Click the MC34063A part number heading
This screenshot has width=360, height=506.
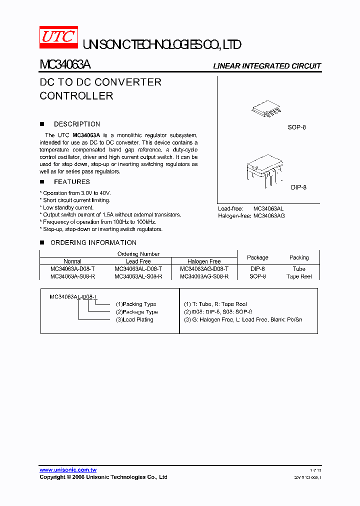(x=65, y=65)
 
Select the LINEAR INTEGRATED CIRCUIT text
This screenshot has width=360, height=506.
(x=267, y=66)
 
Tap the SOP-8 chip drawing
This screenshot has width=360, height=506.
(x=264, y=109)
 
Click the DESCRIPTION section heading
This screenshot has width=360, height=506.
(x=76, y=124)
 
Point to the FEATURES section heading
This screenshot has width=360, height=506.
(x=71, y=182)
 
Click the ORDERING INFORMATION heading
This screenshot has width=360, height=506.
(x=93, y=242)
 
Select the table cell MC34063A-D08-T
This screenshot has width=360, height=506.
(x=72, y=268)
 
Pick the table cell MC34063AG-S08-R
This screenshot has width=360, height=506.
(x=204, y=276)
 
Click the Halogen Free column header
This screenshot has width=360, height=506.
(x=204, y=261)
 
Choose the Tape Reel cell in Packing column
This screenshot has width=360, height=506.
(x=299, y=276)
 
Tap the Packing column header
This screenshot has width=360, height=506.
(x=299, y=257)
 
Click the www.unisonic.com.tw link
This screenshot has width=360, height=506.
(x=68, y=470)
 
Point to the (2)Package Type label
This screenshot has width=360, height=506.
(x=136, y=311)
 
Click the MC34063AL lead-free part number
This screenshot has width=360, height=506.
(x=268, y=208)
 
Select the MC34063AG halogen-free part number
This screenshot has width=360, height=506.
(x=269, y=215)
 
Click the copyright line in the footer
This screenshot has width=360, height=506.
(x=103, y=477)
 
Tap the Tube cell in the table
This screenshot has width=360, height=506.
(x=299, y=268)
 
